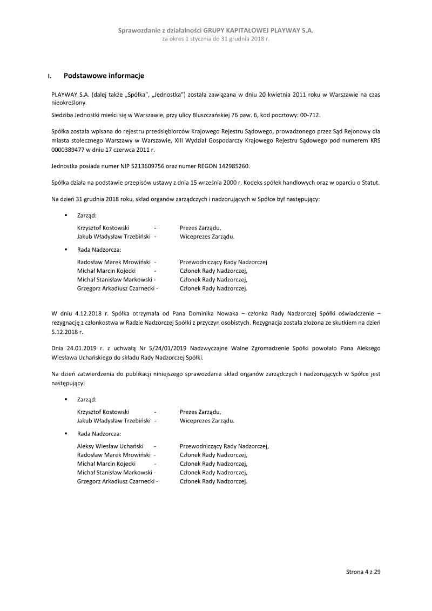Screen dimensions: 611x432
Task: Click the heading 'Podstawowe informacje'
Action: pos(104,76)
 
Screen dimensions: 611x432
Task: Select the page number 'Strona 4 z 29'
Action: pos(363,571)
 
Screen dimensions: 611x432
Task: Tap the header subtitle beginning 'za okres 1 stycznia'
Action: pos(215,39)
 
